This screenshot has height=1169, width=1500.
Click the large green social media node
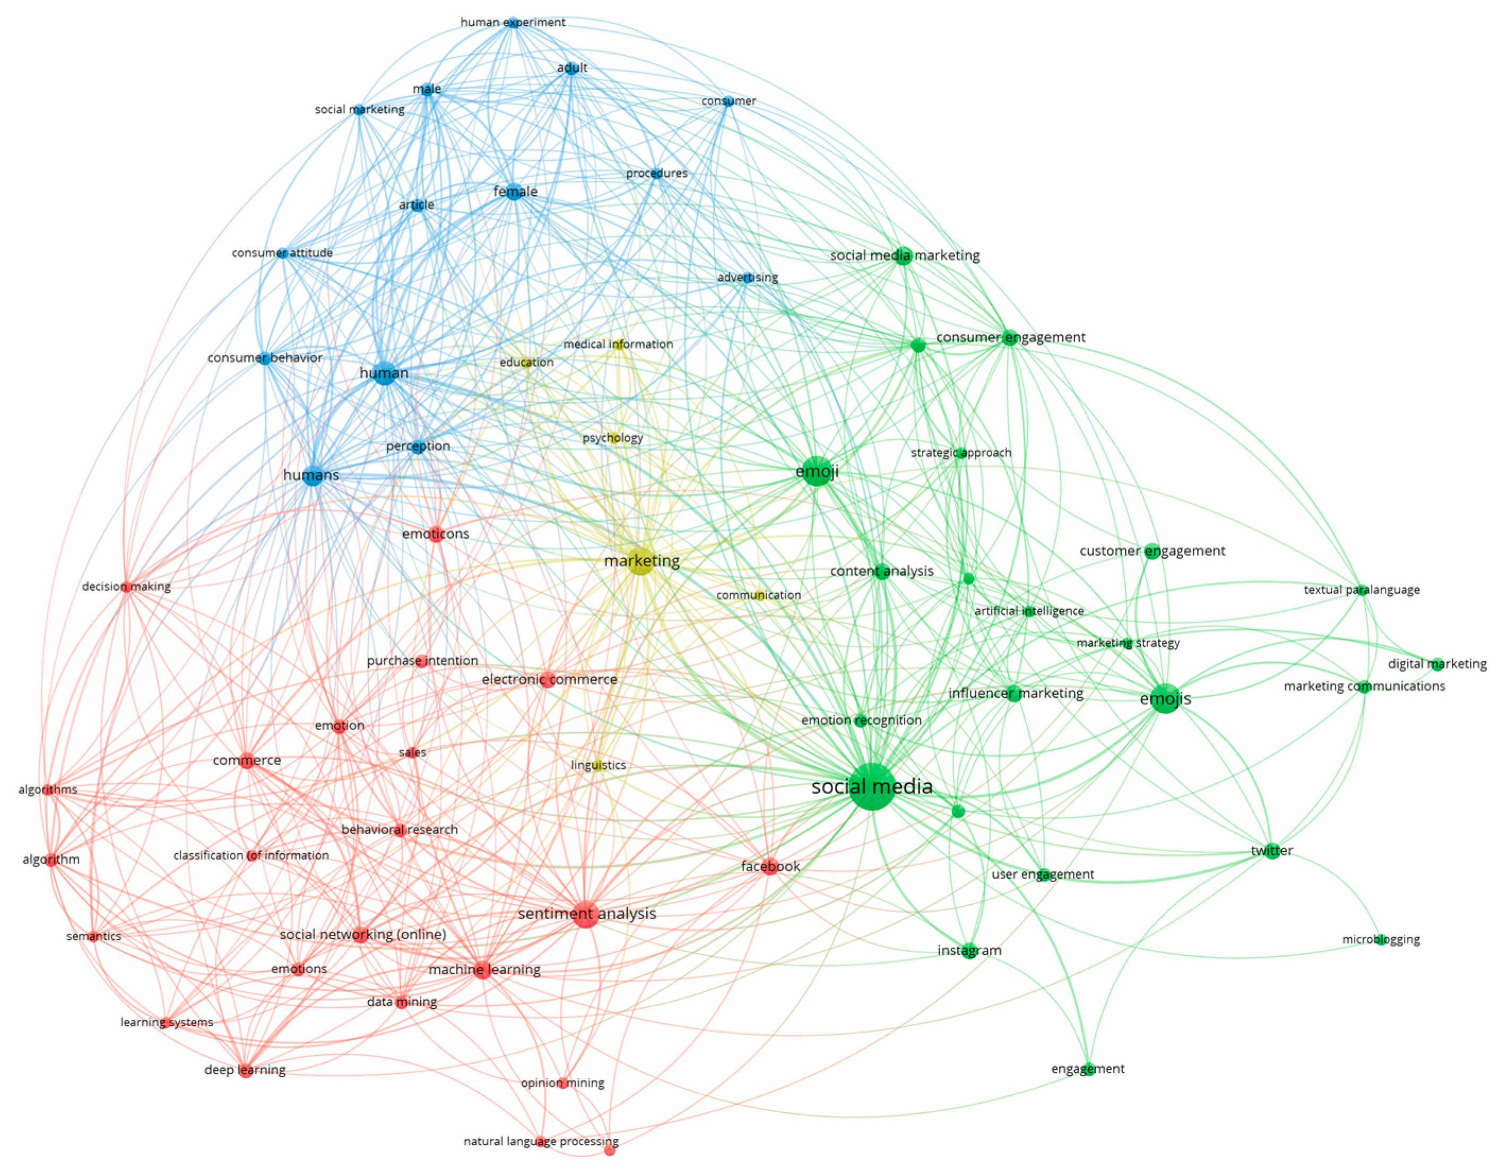pyautogui.click(x=872, y=786)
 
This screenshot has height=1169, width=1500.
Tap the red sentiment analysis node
pyautogui.click(x=585, y=914)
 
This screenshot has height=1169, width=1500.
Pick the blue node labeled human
pyautogui.click(x=385, y=373)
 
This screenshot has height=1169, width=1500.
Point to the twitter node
pyautogui.click(x=1271, y=851)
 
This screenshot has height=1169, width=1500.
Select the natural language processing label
pyautogui.click(x=541, y=1141)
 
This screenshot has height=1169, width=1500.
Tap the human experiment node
pyautogui.click(x=513, y=23)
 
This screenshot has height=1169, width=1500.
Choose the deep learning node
pyautogui.click(x=245, y=1071)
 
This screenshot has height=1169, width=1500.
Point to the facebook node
pyautogui.click(x=770, y=867)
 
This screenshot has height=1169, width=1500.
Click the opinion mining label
pyautogui.click(x=562, y=1083)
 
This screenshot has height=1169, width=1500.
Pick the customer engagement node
pyautogui.click(x=1152, y=551)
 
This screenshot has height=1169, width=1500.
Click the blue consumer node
pyautogui.click(x=728, y=102)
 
